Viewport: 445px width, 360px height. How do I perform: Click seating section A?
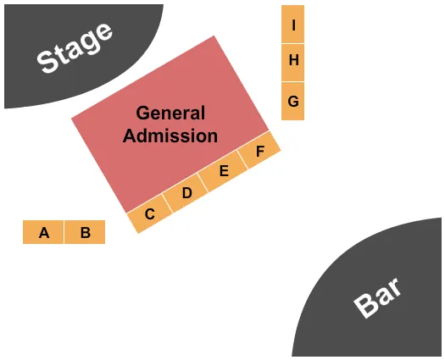[43, 232]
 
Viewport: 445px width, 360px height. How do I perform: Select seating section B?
[85, 232]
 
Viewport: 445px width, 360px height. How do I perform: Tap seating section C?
[149, 213]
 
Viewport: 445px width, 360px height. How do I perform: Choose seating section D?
[187, 193]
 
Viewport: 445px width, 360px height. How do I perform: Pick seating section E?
[224, 172]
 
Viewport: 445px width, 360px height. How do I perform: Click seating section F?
[260, 152]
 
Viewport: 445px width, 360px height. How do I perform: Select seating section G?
[293, 101]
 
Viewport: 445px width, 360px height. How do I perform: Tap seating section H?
[293, 61]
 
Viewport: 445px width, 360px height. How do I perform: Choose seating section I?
[293, 25]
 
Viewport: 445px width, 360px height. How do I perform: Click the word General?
[170, 114]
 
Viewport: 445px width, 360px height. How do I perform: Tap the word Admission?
[170, 136]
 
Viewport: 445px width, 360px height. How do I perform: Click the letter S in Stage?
[47, 62]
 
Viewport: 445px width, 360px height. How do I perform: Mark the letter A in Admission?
[129, 136]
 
